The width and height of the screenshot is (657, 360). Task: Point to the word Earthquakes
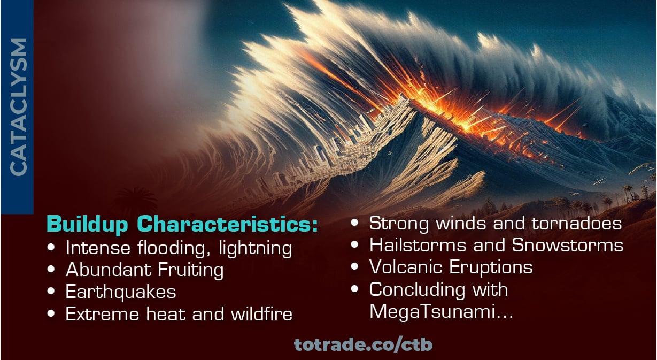pos(121,292)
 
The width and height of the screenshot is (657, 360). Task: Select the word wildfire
pos(261,314)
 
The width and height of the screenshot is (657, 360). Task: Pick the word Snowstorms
pos(568,245)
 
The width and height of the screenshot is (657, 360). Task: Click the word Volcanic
pos(406,267)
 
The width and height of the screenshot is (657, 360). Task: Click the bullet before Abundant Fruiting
pos(51,270)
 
